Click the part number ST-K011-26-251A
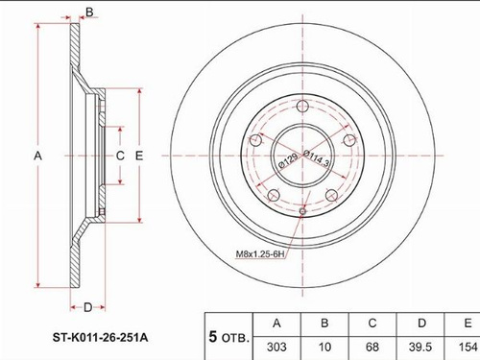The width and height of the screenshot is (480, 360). [100, 337]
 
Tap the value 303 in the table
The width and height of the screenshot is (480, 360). [276, 347]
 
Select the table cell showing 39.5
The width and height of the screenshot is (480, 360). [420, 347]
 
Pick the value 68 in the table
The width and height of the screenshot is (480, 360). [372, 347]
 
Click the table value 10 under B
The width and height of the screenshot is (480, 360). [324, 347]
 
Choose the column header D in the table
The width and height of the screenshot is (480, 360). [421, 324]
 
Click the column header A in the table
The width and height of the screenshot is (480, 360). [276, 324]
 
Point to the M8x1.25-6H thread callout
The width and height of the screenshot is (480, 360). [260, 254]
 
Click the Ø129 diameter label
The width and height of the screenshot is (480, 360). [288, 160]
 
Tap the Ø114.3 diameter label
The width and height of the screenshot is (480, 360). [316, 158]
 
